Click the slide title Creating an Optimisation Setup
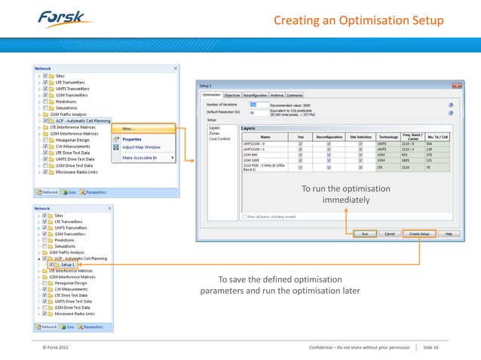tap(358, 20)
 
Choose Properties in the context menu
tap(133, 139)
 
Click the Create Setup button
tap(418, 234)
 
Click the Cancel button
tap(390, 234)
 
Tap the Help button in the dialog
tap(449, 234)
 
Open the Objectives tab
tap(231, 96)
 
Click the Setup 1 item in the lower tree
tap(68, 265)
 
